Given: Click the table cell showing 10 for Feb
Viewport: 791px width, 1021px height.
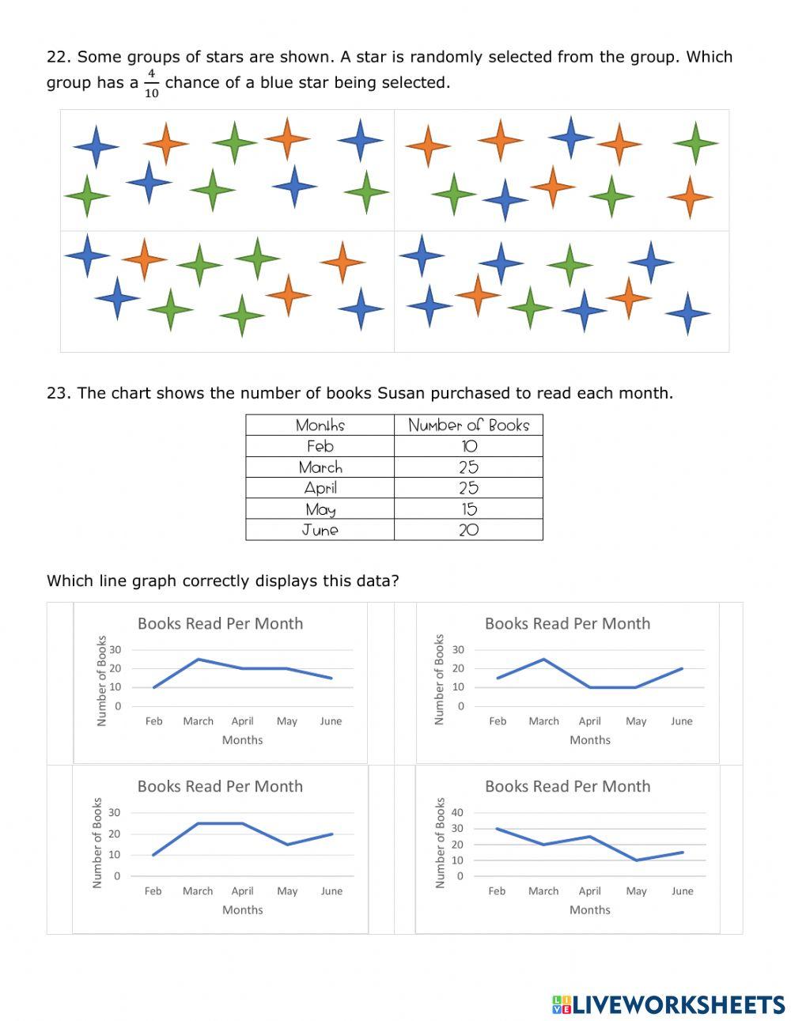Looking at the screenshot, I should pyautogui.click(x=469, y=446).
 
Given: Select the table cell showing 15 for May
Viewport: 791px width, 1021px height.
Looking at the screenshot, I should pyautogui.click(x=469, y=509).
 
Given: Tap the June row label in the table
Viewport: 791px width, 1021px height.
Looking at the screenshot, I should pyautogui.click(x=320, y=530).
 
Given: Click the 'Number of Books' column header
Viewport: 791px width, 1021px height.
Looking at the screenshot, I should pyautogui.click(x=468, y=425).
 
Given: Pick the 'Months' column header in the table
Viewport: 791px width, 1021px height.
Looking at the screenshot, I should pyautogui.click(x=320, y=425).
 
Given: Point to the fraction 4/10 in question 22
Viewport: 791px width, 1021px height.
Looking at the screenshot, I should pyautogui.click(x=151, y=83).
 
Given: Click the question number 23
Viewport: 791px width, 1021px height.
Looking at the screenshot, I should pyautogui.click(x=59, y=393).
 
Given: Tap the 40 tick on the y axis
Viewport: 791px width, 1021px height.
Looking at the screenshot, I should pyautogui.click(x=457, y=812).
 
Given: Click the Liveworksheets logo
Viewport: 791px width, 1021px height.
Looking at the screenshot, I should pyautogui.click(x=668, y=1004).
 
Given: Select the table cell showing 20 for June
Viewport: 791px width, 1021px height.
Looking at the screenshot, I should pyautogui.click(x=469, y=530).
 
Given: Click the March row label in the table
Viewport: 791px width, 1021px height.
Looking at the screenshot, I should pyautogui.click(x=320, y=467).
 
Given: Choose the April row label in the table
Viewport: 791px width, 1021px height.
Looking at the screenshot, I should pyautogui.click(x=320, y=488).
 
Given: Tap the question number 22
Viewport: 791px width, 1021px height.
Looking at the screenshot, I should pyautogui.click(x=59, y=57).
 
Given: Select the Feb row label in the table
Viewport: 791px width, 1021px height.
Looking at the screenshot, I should pyautogui.click(x=320, y=446).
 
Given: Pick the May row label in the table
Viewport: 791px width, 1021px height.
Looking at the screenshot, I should pyautogui.click(x=320, y=509).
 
